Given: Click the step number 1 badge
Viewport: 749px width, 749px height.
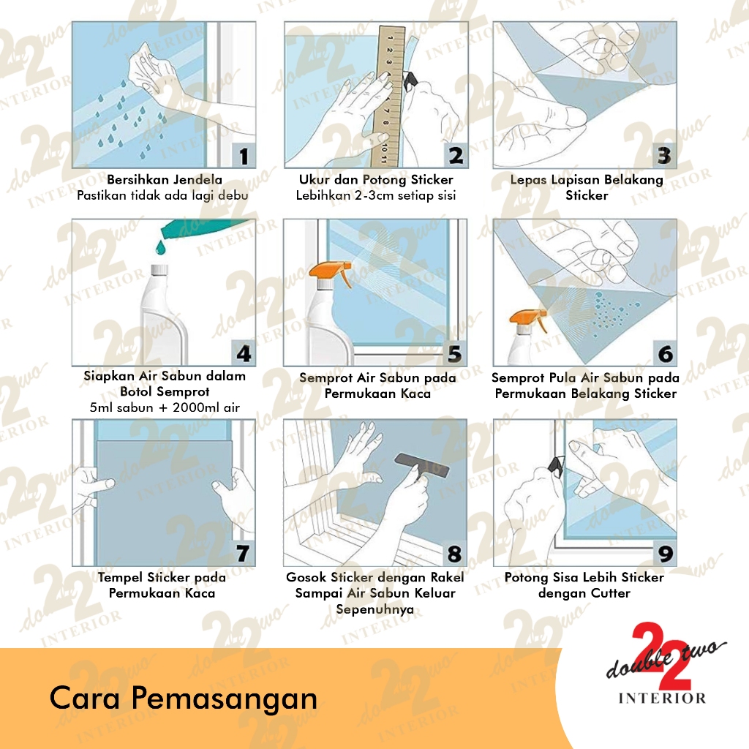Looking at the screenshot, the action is click(x=244, y=156).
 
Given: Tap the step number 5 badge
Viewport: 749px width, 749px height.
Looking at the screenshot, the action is click(x=455, y=354).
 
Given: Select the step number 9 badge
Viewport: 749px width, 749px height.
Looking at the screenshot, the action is click(x=665, y=554).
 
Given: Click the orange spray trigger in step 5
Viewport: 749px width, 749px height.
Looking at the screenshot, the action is click(x=331, y=272).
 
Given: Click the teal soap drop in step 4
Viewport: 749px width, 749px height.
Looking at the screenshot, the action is click(x=160, y=246).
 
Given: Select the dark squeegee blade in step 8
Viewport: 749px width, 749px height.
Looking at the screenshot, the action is click(x=421, y=465).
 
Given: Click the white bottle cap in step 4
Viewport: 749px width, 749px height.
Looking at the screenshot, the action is click(x=159, y=271).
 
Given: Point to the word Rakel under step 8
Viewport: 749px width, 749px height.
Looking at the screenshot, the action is click(x=447, y=577).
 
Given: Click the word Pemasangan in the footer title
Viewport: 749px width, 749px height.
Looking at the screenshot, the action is click(x=225, y=699).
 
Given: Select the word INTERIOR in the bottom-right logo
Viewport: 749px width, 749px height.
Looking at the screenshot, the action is click(x=662, y=699).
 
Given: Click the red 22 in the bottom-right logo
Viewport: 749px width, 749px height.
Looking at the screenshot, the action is click(x=661, y=655).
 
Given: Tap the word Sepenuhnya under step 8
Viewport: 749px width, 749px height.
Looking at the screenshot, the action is click(x=375, y=609).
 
